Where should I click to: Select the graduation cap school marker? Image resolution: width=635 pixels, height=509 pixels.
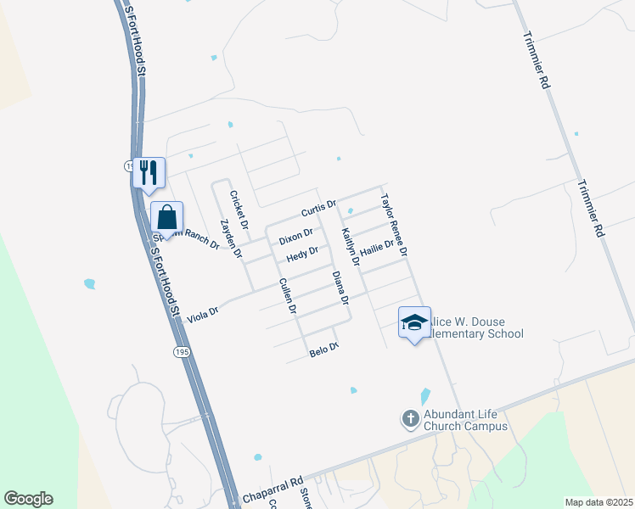414,322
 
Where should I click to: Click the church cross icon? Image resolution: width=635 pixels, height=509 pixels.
410,418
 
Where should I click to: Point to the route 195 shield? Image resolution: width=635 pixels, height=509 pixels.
182,351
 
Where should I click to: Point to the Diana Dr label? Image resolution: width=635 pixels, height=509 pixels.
340,288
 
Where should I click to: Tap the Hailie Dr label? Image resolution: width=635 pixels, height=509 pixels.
377,248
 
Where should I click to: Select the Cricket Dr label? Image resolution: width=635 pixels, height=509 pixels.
239,210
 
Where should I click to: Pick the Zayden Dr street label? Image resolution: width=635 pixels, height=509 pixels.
231,239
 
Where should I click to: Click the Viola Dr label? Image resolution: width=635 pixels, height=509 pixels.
203,313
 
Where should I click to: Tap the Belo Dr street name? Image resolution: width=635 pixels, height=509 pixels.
323,349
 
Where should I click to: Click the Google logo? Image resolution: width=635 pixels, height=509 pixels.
29,499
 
